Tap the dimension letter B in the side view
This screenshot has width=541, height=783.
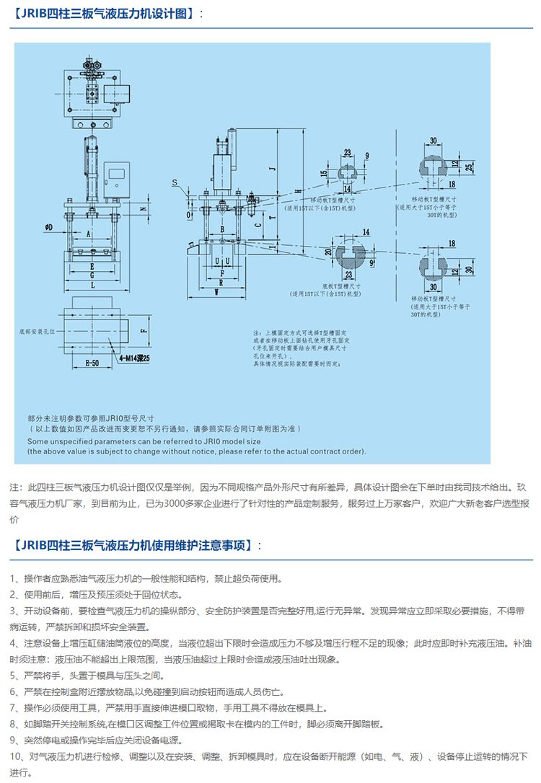(x=223, y=229)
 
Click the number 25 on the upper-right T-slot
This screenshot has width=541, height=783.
(x=470, y=167)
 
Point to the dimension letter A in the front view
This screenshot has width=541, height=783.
(x=88, y=234)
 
